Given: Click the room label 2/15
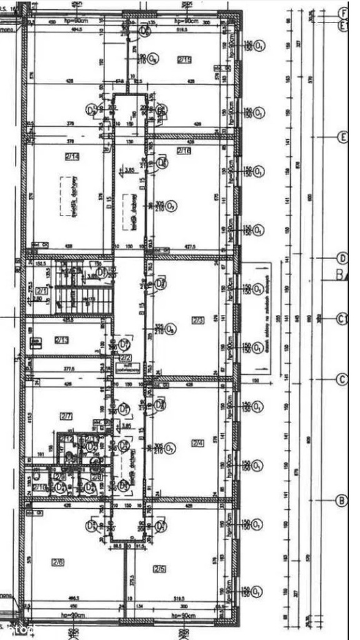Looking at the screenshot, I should (x=184, y=60).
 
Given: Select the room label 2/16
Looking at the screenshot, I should (x=184, y=151).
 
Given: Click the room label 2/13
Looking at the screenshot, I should (x=61, y=340).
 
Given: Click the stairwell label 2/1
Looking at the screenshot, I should (x=42, y=291).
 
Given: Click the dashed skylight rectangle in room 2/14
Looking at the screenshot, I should (x=72, y=196).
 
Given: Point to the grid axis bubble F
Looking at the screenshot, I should (x=342, y=13).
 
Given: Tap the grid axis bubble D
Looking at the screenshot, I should (x=342, y=258).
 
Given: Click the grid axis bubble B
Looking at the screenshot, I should (x=342, y=500).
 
